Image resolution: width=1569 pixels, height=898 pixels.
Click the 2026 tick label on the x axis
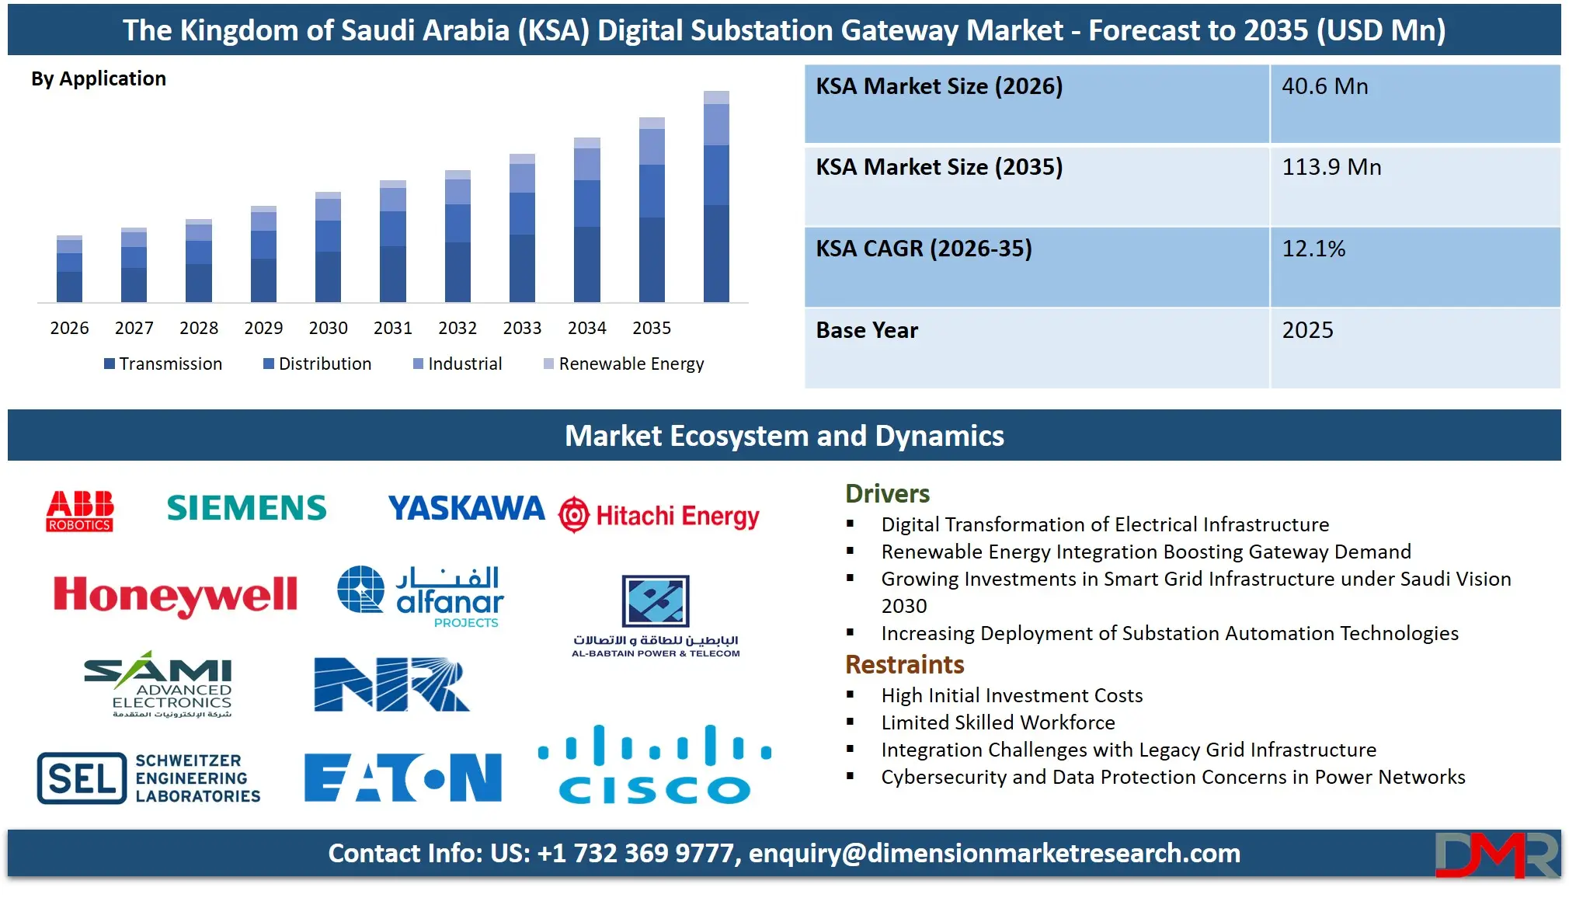tap(69, 328)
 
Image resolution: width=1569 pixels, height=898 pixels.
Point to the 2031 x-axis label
tap(392, 328)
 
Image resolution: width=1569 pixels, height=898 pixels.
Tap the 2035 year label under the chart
tap(651, 328)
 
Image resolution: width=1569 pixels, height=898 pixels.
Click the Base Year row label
tap(867, 330)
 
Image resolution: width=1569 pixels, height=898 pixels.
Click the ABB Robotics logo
tap(79, 510)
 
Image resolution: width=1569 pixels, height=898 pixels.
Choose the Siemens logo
tap(246, 508)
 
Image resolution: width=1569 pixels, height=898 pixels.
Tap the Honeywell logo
tap(175, 596)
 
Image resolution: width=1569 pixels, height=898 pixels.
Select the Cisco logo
tap(655, 765)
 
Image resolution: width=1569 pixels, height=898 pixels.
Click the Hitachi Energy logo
tap(659, 516)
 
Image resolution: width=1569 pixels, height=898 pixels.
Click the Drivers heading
tap(887, 493)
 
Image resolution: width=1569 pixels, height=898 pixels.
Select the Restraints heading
tap(904, 664)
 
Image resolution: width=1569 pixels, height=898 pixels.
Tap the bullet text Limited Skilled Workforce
tap(997, 722)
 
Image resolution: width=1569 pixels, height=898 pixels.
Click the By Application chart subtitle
tap(99, 78)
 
